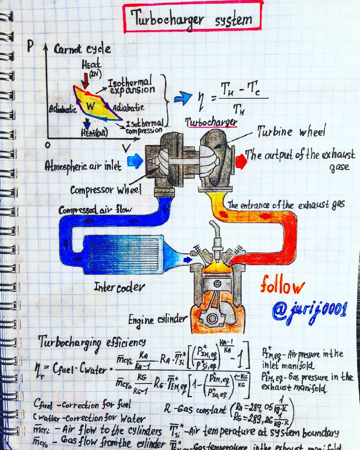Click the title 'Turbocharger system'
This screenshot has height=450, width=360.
192,17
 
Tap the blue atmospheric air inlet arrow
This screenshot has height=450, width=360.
135,161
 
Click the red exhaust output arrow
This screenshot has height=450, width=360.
241,160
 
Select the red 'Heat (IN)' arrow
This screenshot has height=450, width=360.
86,79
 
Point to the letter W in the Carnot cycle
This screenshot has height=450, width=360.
90,106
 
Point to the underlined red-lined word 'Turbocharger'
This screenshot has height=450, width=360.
211,122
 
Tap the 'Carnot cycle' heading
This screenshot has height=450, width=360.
82,49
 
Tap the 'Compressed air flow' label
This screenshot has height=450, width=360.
95,210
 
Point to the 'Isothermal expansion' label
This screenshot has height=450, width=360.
131,86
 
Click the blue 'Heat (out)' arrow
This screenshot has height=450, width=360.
87,123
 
